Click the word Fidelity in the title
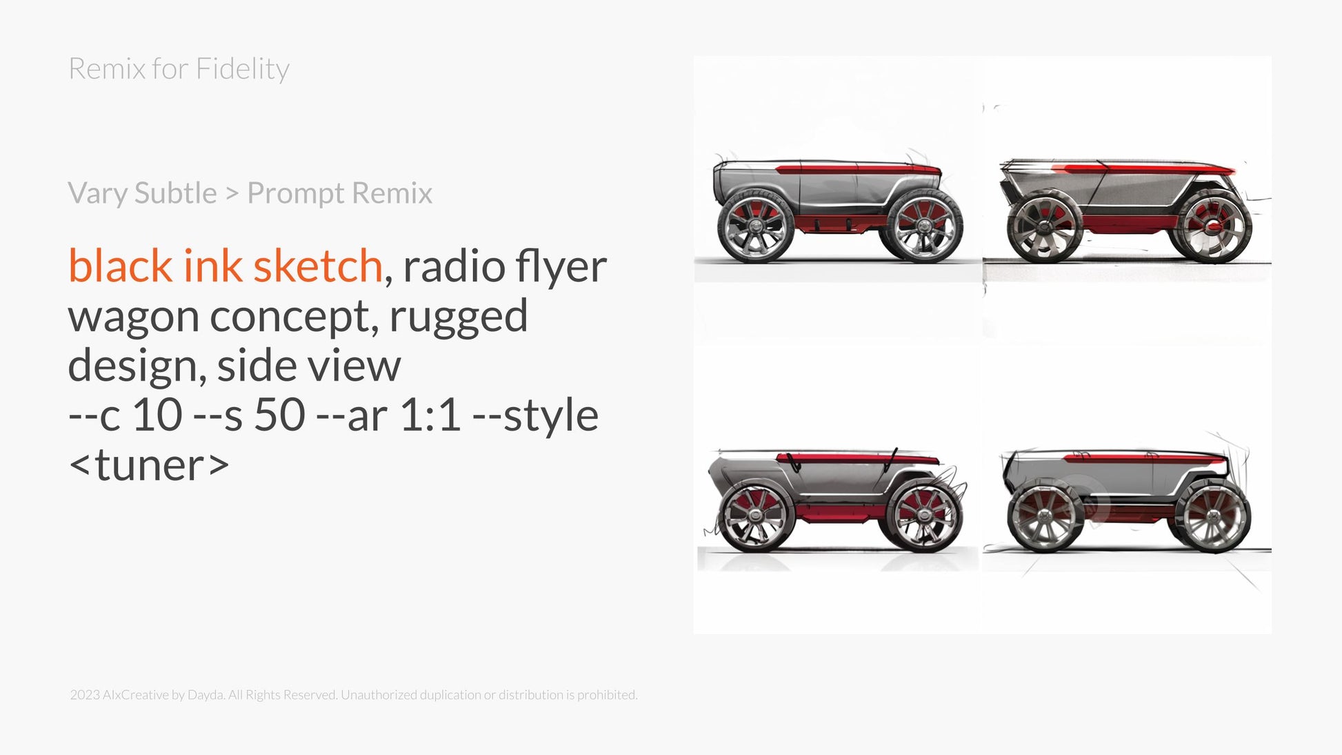point(243,69)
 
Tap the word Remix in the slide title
point(107,68)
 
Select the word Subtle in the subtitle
point(176,193)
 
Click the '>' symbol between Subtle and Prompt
point(232,194)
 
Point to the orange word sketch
point(318,266)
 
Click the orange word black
point(120,266)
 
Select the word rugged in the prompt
point(459,318)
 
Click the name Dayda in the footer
point(205,695)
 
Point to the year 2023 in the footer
point(85,695)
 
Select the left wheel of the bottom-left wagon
point(757,517)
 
